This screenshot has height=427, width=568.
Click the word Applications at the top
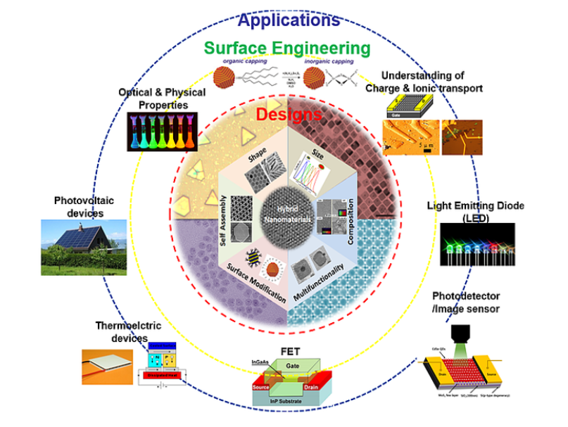pyautogui.click(x=288, y=18)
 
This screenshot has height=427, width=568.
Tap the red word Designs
pyautogui.click(x=289, y=114)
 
